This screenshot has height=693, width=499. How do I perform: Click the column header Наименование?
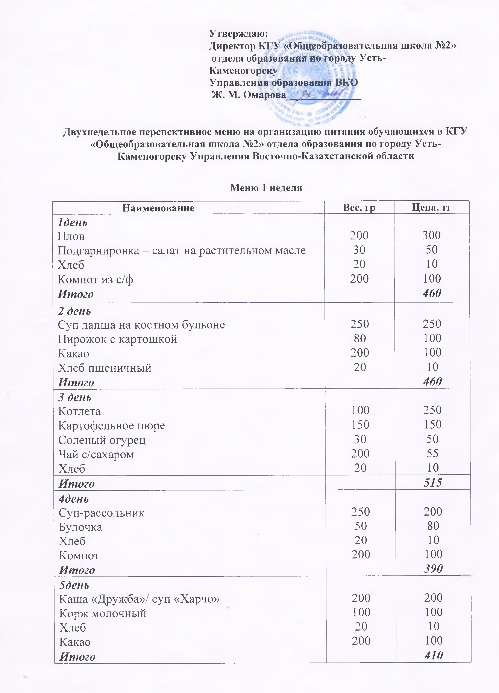click(x=158, y=208)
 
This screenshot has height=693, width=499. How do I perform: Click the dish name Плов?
click(x=71, y=236)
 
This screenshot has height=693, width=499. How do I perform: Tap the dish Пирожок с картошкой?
click(x=118, y=339)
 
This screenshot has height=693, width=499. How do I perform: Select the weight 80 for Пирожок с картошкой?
click(x=360, y=338)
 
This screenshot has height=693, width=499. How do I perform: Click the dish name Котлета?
click(x=79, y=411)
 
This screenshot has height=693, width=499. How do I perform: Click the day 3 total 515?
click(x=433, y=483)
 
